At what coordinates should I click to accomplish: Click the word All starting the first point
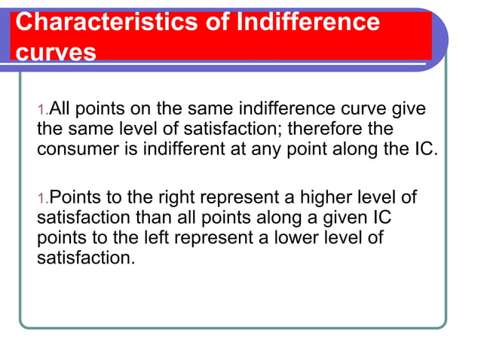(60, 110)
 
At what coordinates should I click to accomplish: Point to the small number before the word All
(42, 111)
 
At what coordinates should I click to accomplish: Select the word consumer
(73, 148)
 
